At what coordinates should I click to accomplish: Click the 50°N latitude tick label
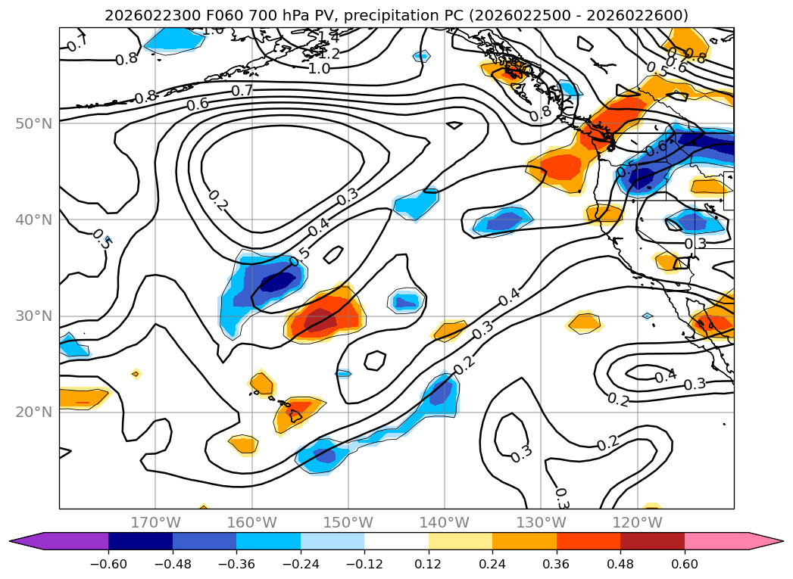(34, 124)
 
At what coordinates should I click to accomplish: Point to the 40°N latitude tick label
(34, 220)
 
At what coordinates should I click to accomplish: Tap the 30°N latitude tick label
(34, 316)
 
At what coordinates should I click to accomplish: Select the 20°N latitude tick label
(34, 412)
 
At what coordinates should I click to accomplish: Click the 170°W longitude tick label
(155, 523)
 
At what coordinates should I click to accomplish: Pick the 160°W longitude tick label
(251, 523)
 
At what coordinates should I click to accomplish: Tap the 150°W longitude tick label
(348, 523)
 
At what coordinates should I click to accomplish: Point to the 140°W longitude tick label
(445, 523)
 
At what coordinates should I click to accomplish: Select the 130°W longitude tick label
(541, 523)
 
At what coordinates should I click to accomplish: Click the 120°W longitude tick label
(637, 523)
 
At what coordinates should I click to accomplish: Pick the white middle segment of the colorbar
(396, 541)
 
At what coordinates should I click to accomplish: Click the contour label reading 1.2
(328, 54)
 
